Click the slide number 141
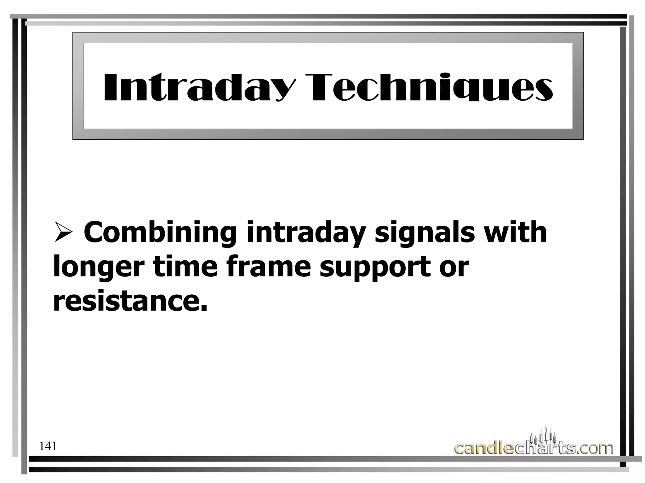tap(48, 446)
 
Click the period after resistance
tap(204, 309)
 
